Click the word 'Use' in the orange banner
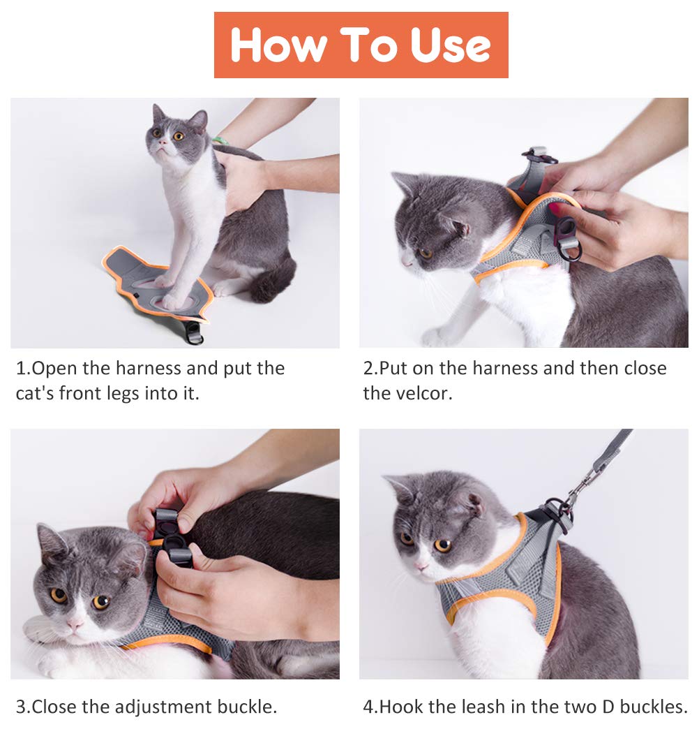(x=450, y=45)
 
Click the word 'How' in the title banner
(x=278, y=45)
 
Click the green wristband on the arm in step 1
(x=218, y=140)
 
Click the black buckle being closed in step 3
(x=171, y=539)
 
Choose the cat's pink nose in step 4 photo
(x=421, y=566)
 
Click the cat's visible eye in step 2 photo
(x=425, y=253)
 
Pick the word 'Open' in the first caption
(x=54, y=369)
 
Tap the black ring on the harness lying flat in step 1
(x=194, y=333)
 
